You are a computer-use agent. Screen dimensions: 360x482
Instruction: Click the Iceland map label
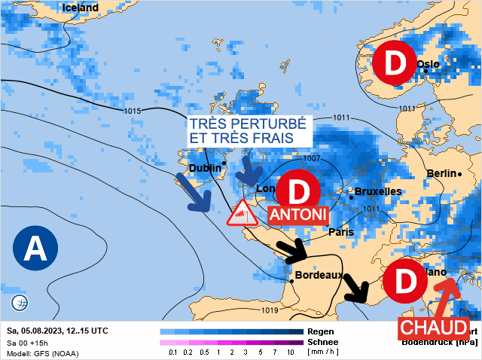tap(80, 8)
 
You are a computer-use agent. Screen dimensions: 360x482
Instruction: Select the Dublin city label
tap(206, 168)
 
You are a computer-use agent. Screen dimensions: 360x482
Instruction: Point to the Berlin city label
tap(441, 173)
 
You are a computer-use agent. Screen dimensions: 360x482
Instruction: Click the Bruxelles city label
tap(377, 191)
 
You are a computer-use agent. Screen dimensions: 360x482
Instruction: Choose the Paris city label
tap(340, 232)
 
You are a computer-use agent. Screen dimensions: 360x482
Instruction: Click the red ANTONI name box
tap(298, 215)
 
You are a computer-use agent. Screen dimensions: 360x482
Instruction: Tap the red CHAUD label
tap(433, 328)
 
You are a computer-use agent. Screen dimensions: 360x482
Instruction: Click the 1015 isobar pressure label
tap(132, 111)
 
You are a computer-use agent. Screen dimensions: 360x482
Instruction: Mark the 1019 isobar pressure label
tap(270, 310)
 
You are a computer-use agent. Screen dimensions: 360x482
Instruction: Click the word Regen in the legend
tap(321, 331)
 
